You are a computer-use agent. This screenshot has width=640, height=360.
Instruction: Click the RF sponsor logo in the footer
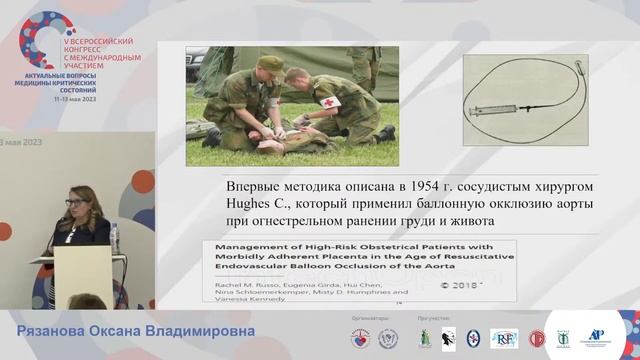point(504,338)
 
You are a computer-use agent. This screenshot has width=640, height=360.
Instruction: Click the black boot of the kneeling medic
point(384,133)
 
